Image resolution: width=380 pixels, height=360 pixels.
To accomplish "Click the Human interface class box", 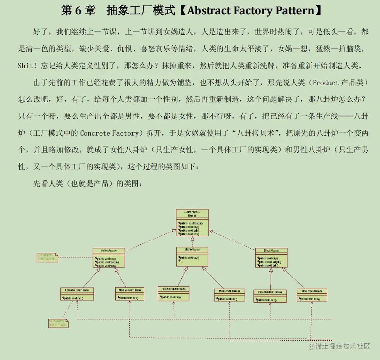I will click(192, 222).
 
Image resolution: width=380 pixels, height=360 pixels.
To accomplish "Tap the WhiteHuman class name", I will click(192, 250).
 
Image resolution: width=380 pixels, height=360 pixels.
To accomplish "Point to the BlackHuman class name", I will click(271, 251).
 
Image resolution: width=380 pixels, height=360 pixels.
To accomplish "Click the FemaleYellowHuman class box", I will click(77, 294).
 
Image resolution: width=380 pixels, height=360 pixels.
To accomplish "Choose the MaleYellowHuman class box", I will click(130, 294).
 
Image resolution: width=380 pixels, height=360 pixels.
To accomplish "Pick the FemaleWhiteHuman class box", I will click(174, 293).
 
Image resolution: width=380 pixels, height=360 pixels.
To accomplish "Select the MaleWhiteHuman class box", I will click(230, 295).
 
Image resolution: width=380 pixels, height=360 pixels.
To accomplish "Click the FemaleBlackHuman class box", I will click(270, 296).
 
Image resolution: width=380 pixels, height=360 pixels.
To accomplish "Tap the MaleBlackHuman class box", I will click(312, 295).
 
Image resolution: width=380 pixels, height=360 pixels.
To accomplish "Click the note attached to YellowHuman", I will click(47, 257).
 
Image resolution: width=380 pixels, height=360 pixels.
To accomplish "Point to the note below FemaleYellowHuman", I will click(58, 323).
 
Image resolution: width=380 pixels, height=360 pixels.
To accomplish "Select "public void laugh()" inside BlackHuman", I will click(269, 262).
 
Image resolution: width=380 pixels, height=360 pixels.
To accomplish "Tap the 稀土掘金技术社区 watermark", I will click(339, 347).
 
